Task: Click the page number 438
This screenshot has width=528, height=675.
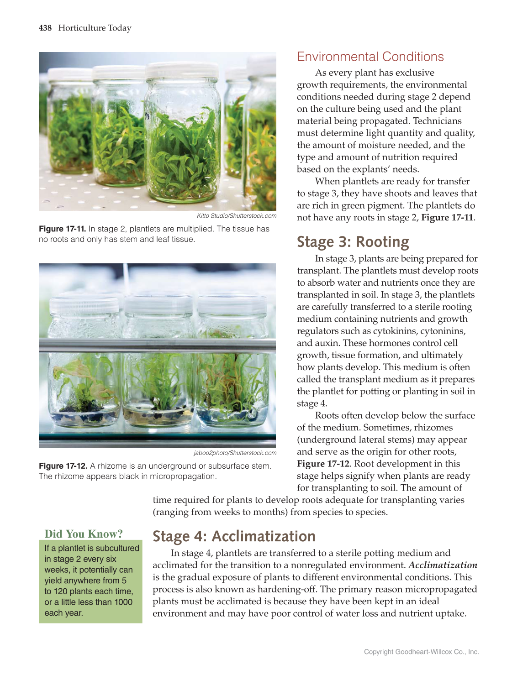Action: pyautogui.click(x=45, y=28)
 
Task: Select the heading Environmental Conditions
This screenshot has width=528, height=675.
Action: pyautogui.click(x=370, y=57)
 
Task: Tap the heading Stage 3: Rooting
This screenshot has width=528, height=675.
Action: pyautogui.click(x=353, y=242)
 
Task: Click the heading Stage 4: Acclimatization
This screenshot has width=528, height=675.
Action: pyautogui.click(x=234, y=536)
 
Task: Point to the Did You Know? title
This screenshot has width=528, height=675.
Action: pyautogui.click(x=84, y=534)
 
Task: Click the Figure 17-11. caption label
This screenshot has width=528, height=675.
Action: pyautogui.click(x=62, y=229)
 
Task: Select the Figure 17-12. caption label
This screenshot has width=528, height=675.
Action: pyautogui.click(x=63, y=466)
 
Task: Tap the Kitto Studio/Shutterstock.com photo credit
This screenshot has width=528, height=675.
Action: pyautogui.click(x=237, y=216)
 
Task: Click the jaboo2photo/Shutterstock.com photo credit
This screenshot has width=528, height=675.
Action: pyautogui.click(x=235, y=453)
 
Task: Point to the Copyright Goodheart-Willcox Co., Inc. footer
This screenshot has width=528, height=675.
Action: pyautogui.click(x=421, y=652)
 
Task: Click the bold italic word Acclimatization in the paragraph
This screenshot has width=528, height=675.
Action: pyautogui.click(x=443, y=565)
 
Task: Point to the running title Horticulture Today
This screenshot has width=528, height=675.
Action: pyautogui.click(x=95, y=28)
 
